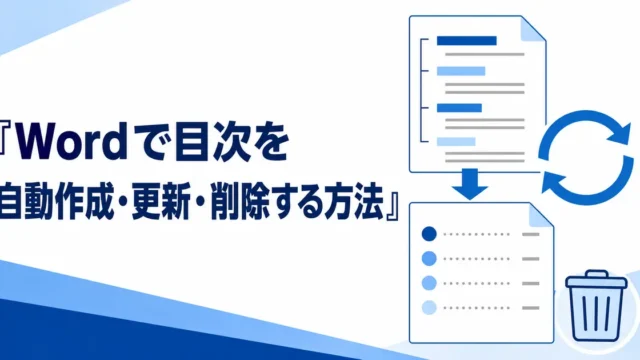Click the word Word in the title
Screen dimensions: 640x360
pos(72,144)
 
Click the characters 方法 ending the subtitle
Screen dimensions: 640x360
pos(354,201)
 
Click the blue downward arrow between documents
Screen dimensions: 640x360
pos(470,184)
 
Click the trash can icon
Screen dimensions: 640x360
pos(596,305)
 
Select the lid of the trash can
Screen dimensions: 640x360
pos(596,279)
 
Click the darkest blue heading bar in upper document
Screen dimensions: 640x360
pos(467,41)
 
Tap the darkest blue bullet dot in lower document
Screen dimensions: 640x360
pos(429,234)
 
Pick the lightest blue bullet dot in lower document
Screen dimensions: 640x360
pos(429,307)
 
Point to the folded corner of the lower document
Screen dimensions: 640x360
pos(540,215)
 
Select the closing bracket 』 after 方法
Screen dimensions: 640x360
pos(392,207)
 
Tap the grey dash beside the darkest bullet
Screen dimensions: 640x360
pos(531,234)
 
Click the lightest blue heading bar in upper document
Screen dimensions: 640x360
pos(456,142)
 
